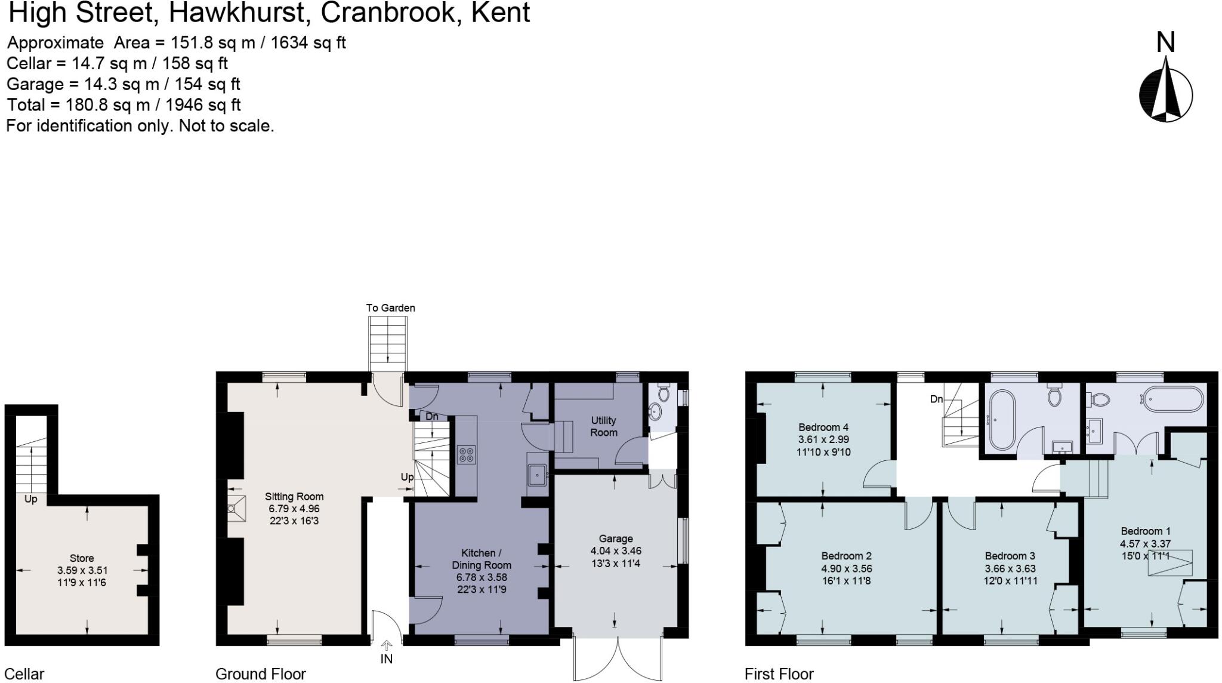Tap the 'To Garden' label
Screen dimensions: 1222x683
click(x=390, y=308)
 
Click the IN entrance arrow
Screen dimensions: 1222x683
click(x=387, y=645)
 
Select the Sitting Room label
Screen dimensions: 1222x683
click(x=294, y=496)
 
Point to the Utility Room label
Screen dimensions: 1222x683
click(x=603, y=426)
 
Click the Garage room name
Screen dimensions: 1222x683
click(x=616, y=539)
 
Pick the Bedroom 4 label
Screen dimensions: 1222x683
click(x=823, y=427)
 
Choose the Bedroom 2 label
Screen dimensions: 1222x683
click(x=846, y=556)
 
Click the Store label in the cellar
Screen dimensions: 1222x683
click(x=82, y=558)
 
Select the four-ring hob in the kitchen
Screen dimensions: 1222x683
click(x=467, y=455)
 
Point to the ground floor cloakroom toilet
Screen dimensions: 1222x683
click(x=664, y=393)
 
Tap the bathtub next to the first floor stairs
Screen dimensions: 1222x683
click(x=1001, y=420)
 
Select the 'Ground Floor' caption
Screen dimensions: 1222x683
click(x=261, y=674)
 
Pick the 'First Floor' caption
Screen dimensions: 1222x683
click(x=779, y=674)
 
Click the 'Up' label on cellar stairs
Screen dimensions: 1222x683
click(x=30, y=499)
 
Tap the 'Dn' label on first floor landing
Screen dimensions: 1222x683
click(x=937, y=399)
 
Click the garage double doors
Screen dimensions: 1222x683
click(x=618, y=657)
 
